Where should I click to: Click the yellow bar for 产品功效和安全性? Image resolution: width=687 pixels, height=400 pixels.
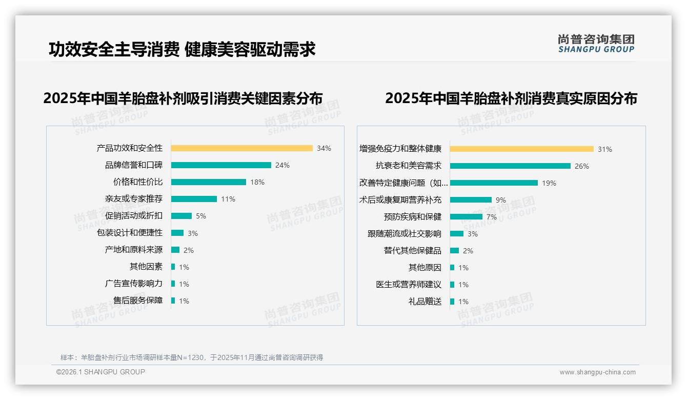[x=241, y=148]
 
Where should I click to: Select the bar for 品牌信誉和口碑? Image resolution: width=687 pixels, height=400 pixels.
[x=221, y=165]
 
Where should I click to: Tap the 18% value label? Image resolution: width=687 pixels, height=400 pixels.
[x=257, y=182]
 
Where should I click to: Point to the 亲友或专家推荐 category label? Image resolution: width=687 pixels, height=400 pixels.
[x=133, y=199]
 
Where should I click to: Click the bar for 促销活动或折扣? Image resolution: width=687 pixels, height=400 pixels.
[x=181, y=216]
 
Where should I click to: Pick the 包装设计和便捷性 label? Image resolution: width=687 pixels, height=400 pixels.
[x=130, y=233]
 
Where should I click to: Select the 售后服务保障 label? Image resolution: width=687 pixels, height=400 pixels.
[x=138, y=301]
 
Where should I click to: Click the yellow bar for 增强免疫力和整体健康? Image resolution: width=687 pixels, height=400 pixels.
[x=521, y=149]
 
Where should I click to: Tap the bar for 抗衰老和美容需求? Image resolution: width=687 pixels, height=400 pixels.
[x=510, y=166]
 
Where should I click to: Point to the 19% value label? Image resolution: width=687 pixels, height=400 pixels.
[x=549, y=183]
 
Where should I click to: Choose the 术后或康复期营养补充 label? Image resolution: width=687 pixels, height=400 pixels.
[x=400, y=200]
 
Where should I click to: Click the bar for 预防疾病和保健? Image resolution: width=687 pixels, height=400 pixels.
[x=466, y=217]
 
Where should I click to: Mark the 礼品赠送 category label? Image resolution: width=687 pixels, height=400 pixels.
[x=425, y=302]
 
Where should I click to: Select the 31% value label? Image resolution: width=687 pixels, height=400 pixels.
[x=605, y=149]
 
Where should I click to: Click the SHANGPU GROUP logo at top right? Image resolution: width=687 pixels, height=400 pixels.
[x=596, y=44]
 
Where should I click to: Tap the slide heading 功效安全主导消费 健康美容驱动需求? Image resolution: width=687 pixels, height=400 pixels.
[x=182, y=49]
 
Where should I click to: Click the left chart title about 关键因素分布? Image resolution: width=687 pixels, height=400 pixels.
[x=183, y=98]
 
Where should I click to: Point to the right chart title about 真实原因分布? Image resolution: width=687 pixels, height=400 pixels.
[x=511, y=98]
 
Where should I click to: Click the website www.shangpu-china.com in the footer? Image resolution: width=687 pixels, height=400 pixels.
[x=597, y=372]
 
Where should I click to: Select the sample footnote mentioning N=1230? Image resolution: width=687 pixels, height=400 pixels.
[x=192, y=357]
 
